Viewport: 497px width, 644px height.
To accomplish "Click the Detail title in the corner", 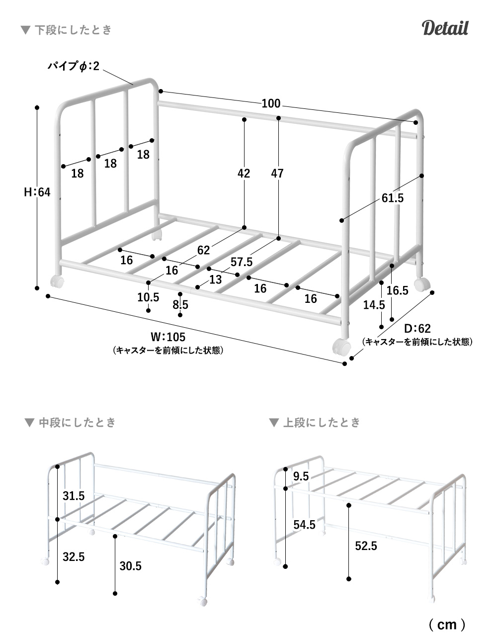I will pos(445,28).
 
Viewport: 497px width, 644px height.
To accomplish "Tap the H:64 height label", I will pos(37,192).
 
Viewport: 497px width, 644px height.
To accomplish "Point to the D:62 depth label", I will pos(417,328).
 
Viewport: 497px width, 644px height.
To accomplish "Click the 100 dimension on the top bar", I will pos(271,103).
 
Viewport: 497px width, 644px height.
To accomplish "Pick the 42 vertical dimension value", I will pos(244,174).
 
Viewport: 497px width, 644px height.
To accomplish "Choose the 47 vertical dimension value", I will pos(277,174).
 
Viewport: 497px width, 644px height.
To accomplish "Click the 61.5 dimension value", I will pos(393,198).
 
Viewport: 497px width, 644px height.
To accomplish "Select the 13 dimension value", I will pos(215,279).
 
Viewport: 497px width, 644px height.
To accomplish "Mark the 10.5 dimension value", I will pos(148,297).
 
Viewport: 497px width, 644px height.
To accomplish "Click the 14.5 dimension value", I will pos(374,305).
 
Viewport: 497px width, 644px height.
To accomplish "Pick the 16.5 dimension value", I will pos(397,290).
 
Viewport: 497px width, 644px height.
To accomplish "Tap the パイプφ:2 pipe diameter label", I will pos(73,66).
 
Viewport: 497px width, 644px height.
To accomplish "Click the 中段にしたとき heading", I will pos(77,423).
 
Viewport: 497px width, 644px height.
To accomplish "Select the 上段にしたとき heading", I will pos(321,423).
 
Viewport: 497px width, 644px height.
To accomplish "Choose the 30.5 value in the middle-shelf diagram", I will pos(130,565).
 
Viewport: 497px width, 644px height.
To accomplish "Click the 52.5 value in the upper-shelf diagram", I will pos(366,546).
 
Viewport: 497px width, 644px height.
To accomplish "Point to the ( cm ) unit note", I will pos(447,624).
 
